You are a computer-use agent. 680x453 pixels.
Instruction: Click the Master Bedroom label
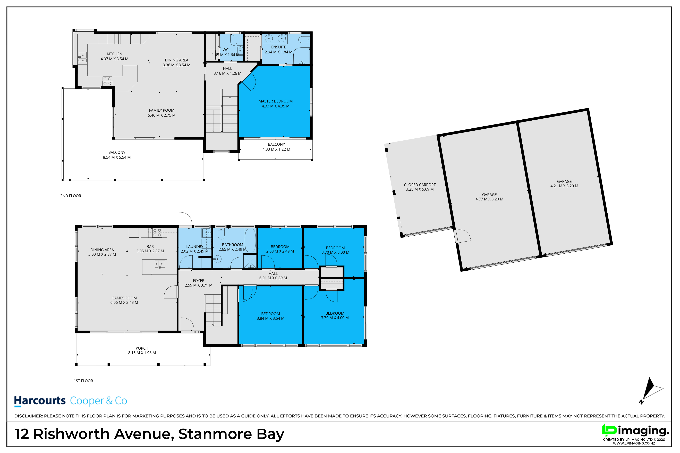coord(276,101)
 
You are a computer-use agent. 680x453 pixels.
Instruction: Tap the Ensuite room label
coord(278,47)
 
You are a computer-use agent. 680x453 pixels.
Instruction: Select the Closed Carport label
coord(420,185)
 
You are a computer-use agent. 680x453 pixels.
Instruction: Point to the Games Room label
coord(124,298)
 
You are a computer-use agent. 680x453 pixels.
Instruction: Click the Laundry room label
coord(195,247)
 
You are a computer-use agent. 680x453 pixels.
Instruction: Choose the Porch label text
coord(142,348)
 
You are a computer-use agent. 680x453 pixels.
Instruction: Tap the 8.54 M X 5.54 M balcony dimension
coord(117,157)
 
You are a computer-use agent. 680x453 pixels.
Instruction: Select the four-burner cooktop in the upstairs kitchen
coord(107,81)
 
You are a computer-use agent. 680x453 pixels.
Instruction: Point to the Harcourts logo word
coord(40,401)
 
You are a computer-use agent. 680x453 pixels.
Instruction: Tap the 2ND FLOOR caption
coord(71,196)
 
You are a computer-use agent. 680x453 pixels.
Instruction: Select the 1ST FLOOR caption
coord(83,381)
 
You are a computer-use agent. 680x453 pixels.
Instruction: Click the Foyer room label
coord(199,281)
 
